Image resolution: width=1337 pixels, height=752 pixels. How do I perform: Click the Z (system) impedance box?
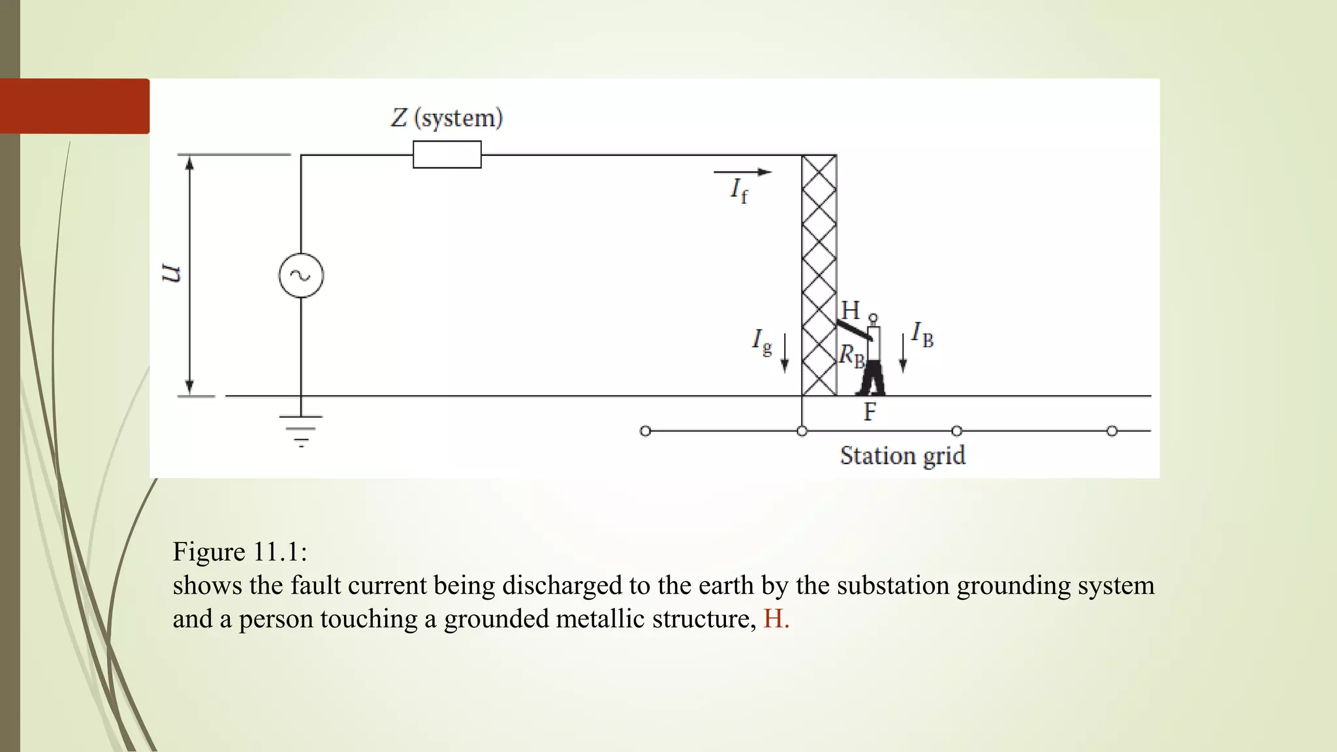(x=447, y=155)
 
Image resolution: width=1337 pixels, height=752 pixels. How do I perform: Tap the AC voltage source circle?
(x=301, y=275)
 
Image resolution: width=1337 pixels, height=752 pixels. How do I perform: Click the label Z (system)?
(x=447, y=118)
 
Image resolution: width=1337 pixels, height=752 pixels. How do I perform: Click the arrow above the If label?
(x=742, y=172)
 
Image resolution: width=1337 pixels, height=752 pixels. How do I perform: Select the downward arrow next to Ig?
(x=785, y=353)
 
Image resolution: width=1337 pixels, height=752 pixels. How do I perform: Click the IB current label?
(x=922, y=334)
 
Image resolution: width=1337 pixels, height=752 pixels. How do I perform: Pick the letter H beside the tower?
(x=850, y=310)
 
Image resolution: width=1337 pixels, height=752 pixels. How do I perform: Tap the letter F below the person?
(x=870, y=412)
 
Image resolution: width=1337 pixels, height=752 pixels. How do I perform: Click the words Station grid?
(x=902, y=456)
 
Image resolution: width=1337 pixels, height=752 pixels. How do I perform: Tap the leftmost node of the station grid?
(x=645, y=431)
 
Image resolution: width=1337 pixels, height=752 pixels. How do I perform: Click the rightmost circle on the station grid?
(x=1112, y=431)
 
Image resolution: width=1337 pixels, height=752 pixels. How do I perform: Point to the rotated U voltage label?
(x=170, y=274)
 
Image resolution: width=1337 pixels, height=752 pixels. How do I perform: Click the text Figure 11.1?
(x=240, y=552)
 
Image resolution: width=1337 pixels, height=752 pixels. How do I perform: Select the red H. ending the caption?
(x=776, y=619)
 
